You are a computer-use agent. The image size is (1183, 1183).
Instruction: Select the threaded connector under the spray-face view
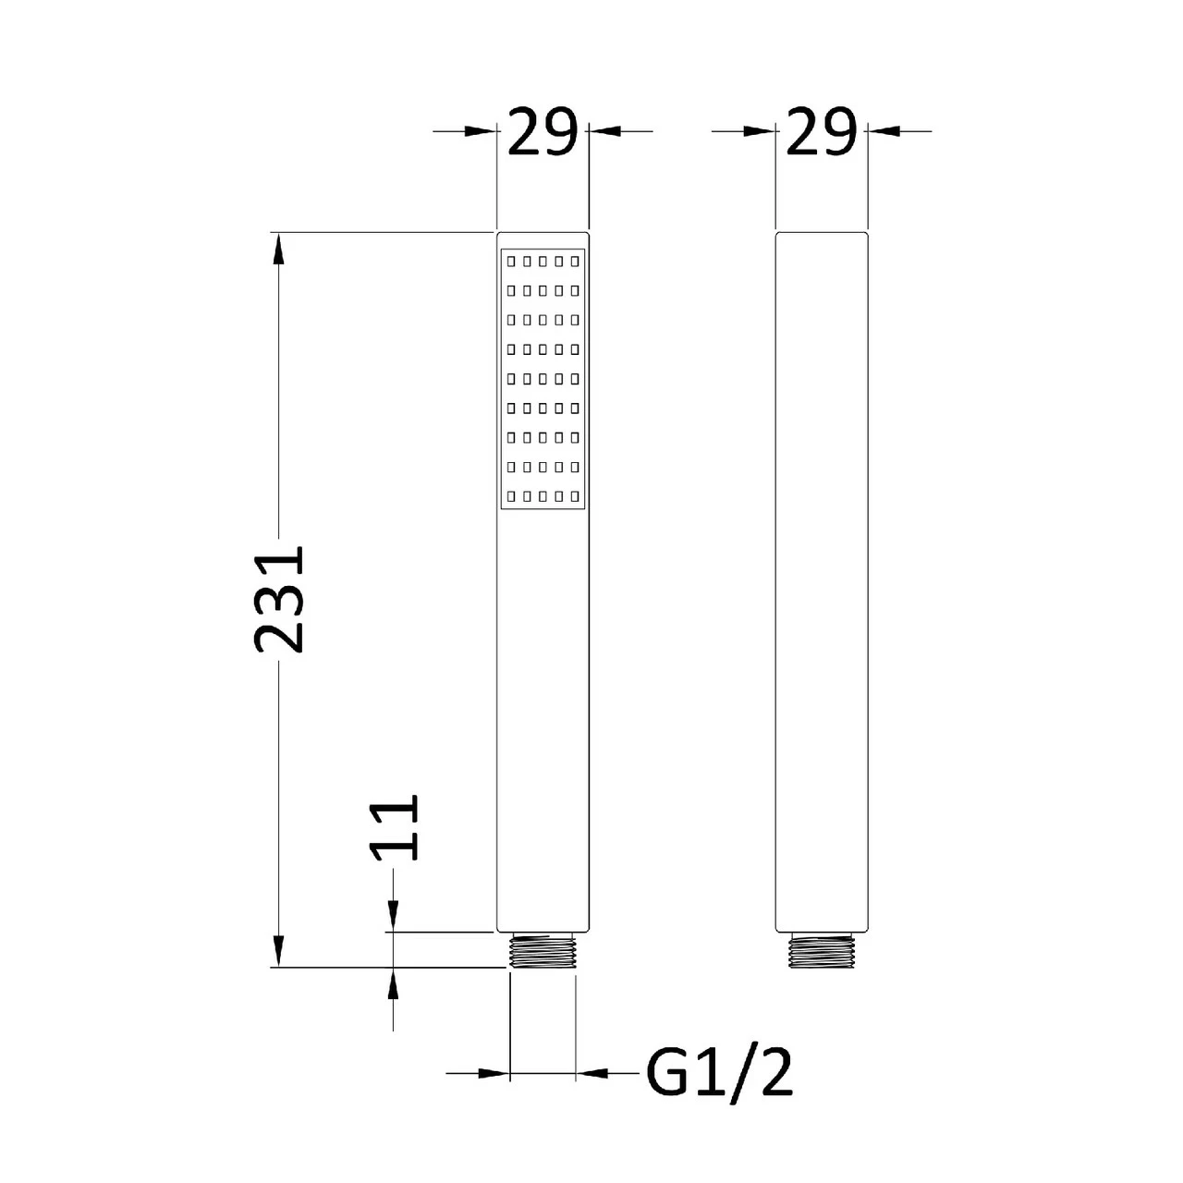click(x=543, y=951)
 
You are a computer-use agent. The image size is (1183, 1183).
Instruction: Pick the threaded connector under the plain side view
click(x=822, y=951)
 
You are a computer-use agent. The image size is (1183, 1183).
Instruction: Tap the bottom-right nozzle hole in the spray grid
click(x=576, y=494)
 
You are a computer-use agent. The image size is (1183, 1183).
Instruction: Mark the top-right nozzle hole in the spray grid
click(x=576, y=262)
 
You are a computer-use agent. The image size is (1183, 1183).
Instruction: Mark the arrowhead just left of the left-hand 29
click(x=481, y=131)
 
